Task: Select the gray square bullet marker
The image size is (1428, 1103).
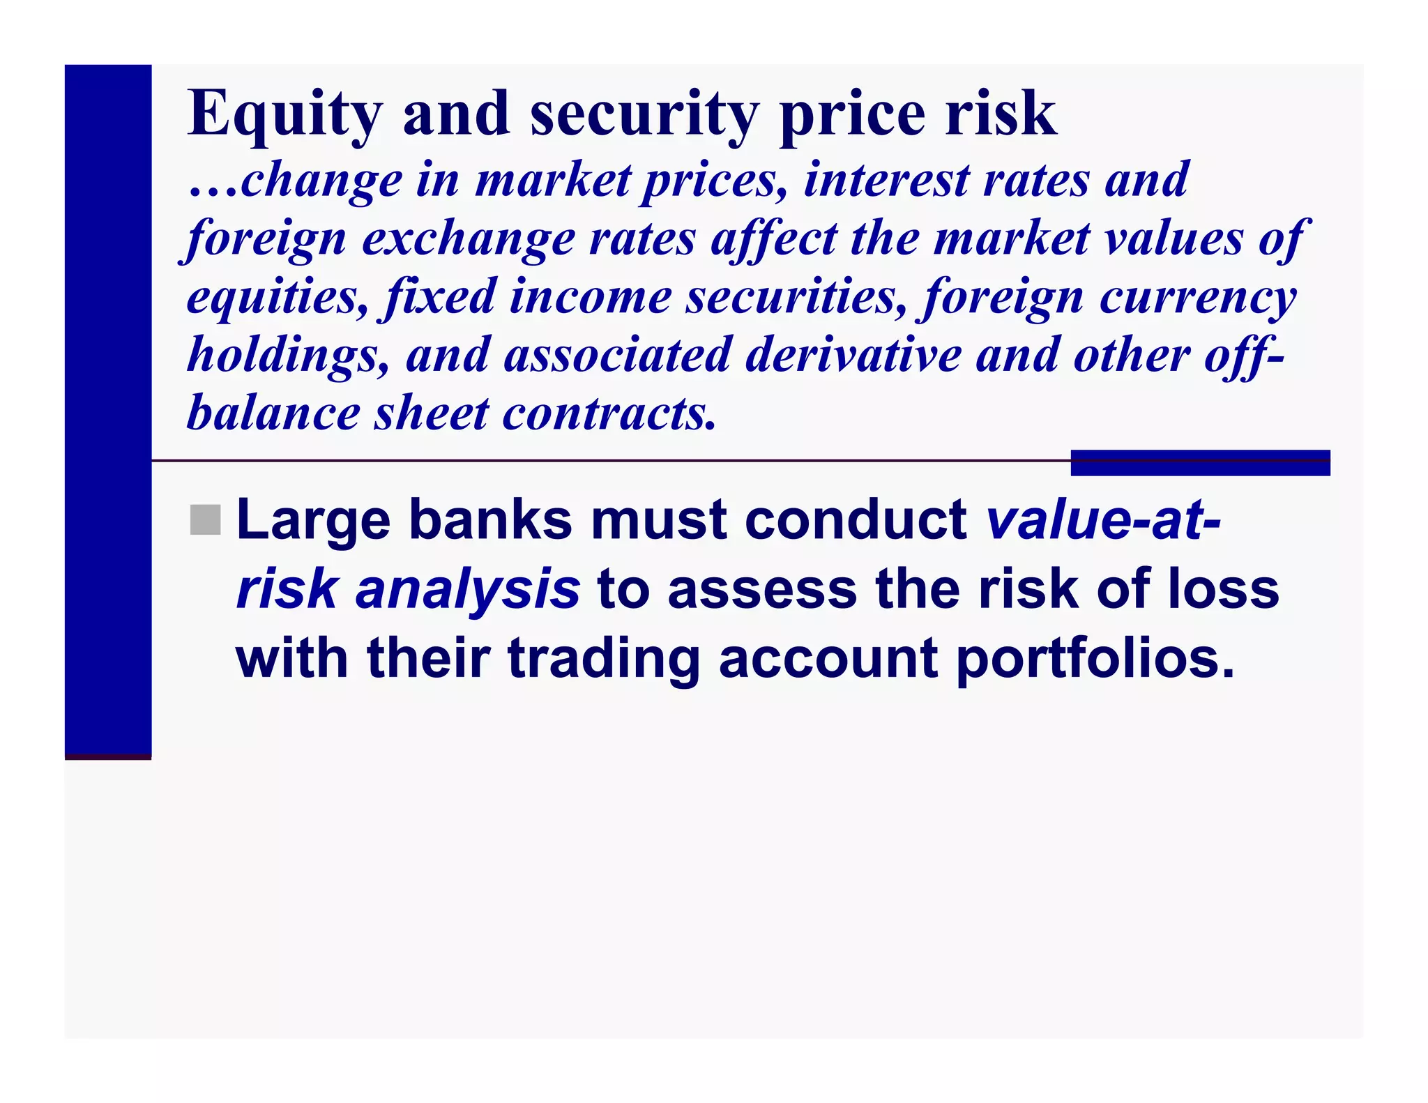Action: [x=205, y=520]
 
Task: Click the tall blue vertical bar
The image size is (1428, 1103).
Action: [x=108, y=411]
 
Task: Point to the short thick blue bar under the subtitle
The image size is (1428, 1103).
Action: [x=1200, y=463]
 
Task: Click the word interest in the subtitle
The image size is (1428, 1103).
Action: [x=886, y=180]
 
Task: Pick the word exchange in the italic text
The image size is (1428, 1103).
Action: [x=468, y=238]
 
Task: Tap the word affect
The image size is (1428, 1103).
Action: [x=773, y=238]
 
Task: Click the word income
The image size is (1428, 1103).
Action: [x=590, y=297]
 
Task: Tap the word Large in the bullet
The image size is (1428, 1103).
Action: [x=313, y=521]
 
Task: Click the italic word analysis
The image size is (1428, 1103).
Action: [x=467, y=590]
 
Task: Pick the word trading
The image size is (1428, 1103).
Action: [x=603, y=660]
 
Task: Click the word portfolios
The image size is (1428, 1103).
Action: [x=1095, y=660]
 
